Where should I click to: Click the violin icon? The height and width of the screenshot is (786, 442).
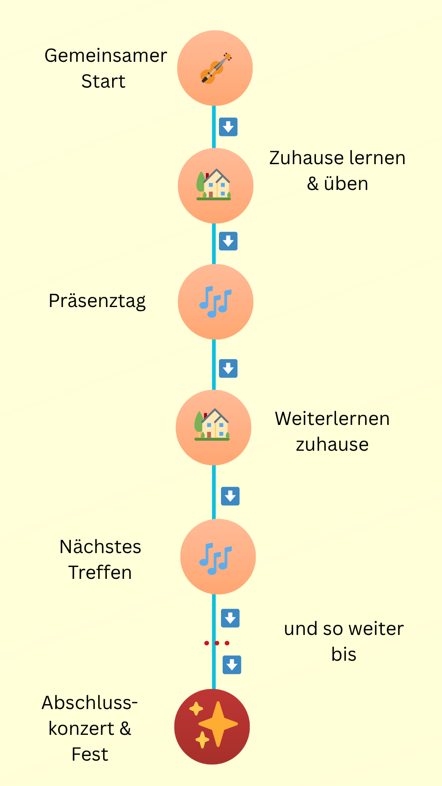click(x=216, y=68)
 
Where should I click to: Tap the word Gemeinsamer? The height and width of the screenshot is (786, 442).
click(x=106, y=56)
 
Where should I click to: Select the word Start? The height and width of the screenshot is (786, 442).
click(x=103, y=81)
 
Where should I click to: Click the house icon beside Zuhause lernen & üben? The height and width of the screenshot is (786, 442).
click(x=214, y=185)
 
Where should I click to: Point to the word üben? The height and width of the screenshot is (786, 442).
click(x=346, y=184)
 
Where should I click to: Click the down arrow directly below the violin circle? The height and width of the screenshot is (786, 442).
click(x=228, y=127)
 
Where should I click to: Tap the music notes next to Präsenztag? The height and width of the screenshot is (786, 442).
click(x=215, y=302)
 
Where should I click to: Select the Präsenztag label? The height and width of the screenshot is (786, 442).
click(x=97, y=301)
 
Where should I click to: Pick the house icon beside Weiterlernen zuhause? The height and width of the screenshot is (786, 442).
click(x=212, y=425)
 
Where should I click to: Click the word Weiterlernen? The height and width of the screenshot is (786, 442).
click(x=332, y=419)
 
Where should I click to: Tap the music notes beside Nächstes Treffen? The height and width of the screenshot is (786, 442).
click(x=216, y=558)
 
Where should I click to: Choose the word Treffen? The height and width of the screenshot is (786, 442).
click(x=100, y=572)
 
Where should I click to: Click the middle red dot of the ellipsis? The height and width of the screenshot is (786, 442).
click(x=216, y=643)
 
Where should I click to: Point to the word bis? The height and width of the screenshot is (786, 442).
click(x=344, y=654)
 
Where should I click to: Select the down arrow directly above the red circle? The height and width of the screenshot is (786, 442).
click(x=232, y=665)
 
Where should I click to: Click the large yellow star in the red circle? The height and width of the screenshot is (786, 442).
click(x=218, y=724)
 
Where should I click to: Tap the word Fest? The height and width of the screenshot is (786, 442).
click(x=90, y=754)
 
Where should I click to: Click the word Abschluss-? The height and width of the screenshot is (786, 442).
click(x=90, y=702)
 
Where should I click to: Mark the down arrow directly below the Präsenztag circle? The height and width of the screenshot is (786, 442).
click(x=228, y=368)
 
